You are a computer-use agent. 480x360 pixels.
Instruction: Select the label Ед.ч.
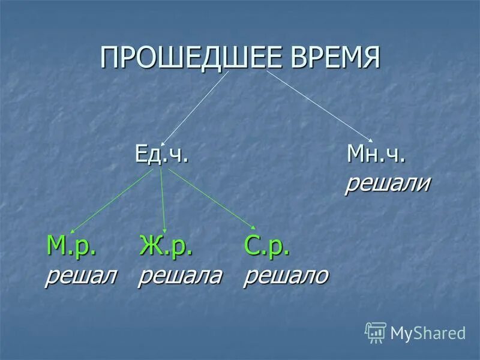[161, 155]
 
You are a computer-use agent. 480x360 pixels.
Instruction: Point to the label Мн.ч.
[377, 155]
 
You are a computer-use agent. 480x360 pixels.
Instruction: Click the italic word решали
[387, 184]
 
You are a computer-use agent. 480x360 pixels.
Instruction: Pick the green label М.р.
[72, 246]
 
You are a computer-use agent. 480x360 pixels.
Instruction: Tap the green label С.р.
[267, 246]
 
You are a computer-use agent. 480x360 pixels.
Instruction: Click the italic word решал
[81, 275]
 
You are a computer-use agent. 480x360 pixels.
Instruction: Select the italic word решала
[180, 275]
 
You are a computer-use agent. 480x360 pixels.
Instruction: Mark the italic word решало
[286, 275]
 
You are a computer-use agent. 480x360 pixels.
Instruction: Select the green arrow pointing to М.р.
[114, 201]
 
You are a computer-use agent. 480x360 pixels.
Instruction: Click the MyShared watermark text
[428, 332]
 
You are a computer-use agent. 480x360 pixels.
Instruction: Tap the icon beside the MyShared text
[376, 332]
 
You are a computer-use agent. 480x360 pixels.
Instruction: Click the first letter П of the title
[109, 58]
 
